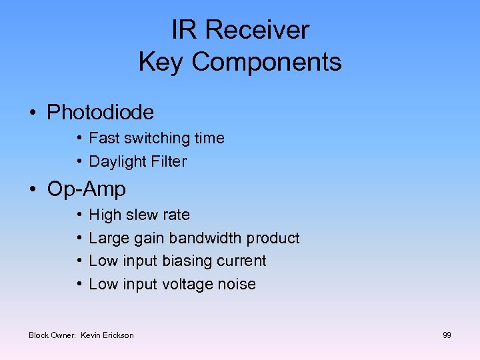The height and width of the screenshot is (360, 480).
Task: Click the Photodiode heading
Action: (x=100, y=112)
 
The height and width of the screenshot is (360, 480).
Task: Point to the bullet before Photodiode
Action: (x=33, y=112)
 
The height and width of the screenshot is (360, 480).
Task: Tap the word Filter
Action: (x=169, y=161)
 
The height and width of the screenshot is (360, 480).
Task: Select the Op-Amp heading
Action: (x=86, y=189)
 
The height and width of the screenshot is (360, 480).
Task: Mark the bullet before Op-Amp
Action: (x=33, y=189)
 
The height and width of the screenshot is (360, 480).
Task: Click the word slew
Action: (x=141, y=215)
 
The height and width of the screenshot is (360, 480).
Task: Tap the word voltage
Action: (x=187, y=284)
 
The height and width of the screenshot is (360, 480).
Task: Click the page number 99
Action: (x=447, y=335)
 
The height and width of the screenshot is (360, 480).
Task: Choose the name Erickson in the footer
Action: (x=119, y=335)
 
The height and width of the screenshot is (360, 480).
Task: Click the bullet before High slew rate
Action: (x=79, y=215)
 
